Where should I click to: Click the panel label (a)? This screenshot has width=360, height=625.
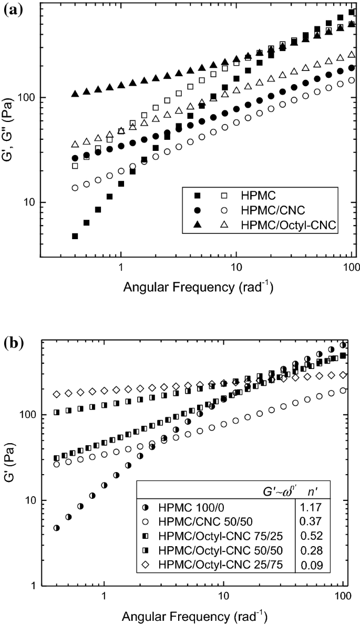[12, 10]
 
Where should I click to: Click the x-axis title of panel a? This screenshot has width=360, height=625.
[198, 288]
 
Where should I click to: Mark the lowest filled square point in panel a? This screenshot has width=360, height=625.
[75, 237]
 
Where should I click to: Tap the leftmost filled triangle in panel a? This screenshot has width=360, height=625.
[75, 94]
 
